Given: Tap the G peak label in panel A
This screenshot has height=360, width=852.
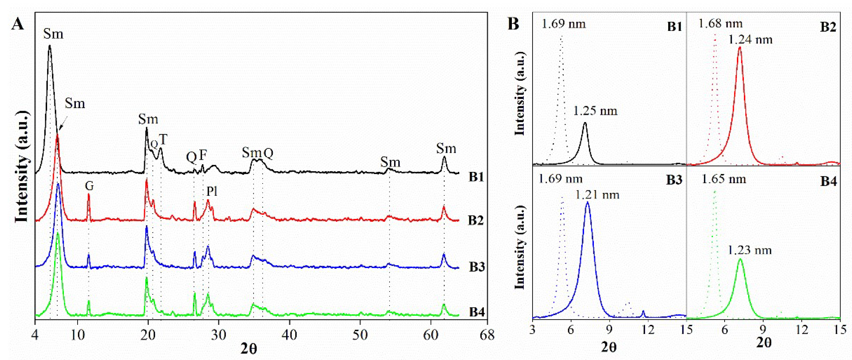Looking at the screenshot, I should [x=89, y=186].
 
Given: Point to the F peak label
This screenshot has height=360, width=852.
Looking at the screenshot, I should [x=203, y=155].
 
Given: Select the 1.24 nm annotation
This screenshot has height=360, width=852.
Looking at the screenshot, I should [x=750, y=40].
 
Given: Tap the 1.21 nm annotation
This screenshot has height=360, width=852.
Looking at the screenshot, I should [x=597, y=195].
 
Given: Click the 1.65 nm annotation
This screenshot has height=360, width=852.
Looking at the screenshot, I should [x=724, y=179].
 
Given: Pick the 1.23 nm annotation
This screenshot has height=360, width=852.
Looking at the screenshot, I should [x=749, y=250].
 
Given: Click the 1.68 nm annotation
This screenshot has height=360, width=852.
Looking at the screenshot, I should [x=720, y=23].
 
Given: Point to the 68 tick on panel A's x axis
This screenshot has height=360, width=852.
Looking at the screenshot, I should [x=487, y=335].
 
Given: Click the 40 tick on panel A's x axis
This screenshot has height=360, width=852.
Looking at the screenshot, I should [x=289, y=335].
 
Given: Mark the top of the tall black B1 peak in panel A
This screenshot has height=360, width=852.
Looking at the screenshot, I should [x=50, y=46].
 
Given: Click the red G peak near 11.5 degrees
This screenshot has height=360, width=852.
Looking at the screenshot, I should [x=89, y=195].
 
